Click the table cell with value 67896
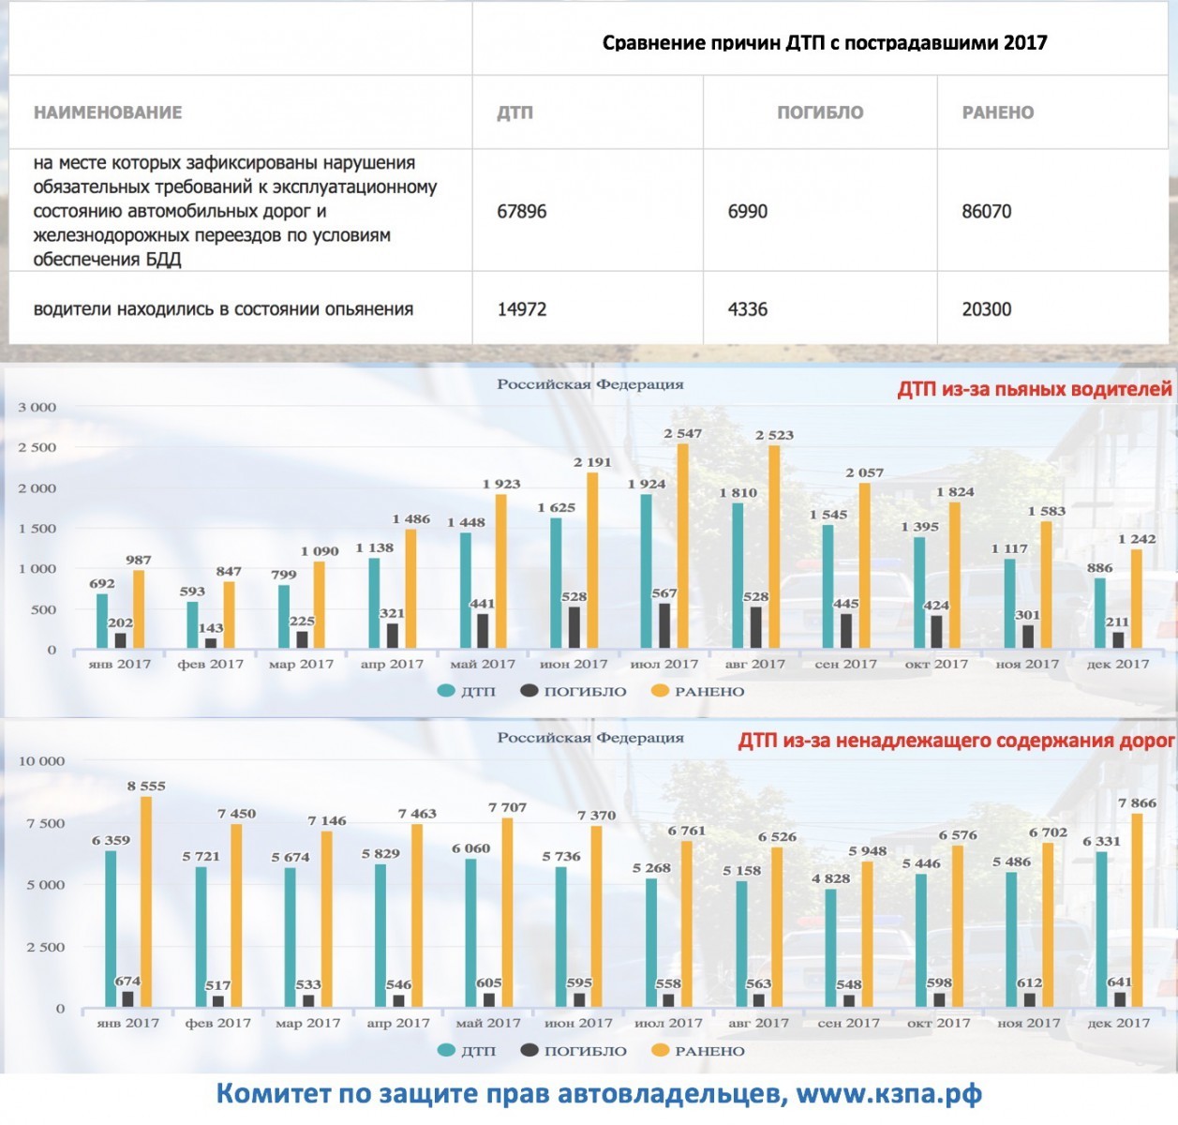coord(522,212)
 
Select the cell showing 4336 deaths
coord(748,309)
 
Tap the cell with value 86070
coord(987,212)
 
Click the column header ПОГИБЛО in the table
coord(820,112)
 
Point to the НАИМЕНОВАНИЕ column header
coord(108,112)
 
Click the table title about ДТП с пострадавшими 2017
coord(825,43)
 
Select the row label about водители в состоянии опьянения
coord(223,309)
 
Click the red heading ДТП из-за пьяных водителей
coord(1035,389)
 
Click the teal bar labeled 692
coord(102,621)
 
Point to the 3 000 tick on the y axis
coord(37,408)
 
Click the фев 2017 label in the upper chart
coord(210,664)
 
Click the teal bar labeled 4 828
coord(829,948)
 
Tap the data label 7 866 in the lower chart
coord(1137,803)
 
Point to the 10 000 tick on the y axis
coord(42,761)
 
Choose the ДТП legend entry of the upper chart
coord(468,692)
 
